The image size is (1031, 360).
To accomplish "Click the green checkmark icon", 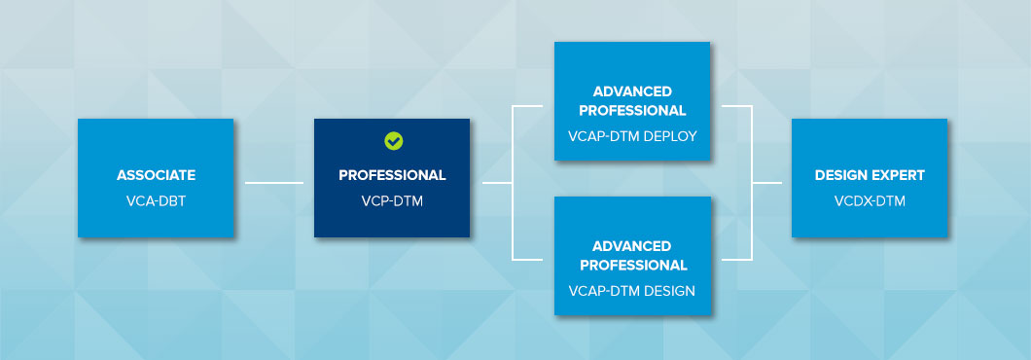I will tap(393, 141).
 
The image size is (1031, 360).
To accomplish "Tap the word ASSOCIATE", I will tap(156, 175).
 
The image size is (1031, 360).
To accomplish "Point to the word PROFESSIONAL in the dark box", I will tap(392, 175).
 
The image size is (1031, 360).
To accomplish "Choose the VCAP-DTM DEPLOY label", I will tap(632, 136).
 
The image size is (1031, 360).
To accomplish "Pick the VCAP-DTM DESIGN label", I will tap(632, 290).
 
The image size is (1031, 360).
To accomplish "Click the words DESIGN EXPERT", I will tap(870, 175).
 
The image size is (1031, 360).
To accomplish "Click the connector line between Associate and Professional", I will tap(274, 182).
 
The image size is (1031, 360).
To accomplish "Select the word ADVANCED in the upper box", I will tap(632, 91).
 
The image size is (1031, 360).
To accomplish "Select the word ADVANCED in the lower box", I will tap(632, 246).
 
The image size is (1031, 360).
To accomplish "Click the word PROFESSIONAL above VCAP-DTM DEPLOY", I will tap(632, 111).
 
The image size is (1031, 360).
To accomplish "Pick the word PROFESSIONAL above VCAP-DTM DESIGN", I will tap(632, 266).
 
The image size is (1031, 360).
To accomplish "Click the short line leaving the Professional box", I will tap(497, 182).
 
